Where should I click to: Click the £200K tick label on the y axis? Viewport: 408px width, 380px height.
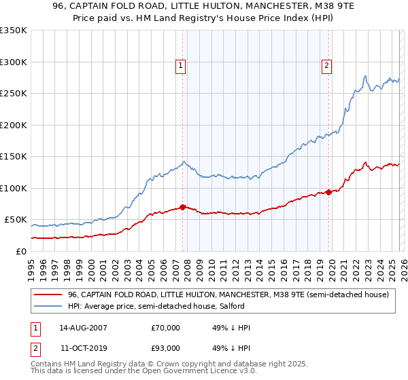[13, 125]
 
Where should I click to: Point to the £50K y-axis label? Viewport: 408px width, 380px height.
[15, 220]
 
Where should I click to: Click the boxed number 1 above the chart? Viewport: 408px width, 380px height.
[181, 66]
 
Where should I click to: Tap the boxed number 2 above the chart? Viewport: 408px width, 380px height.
[327, 66]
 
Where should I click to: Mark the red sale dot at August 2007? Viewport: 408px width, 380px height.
[183, 207]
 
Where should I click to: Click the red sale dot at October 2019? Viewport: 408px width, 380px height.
[328, 192]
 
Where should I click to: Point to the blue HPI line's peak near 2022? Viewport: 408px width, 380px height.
[366, 76]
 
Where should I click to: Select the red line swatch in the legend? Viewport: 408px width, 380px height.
[48, 294]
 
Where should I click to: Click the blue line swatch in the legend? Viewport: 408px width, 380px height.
[48, 307]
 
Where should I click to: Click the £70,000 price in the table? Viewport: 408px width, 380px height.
[165, 328]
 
